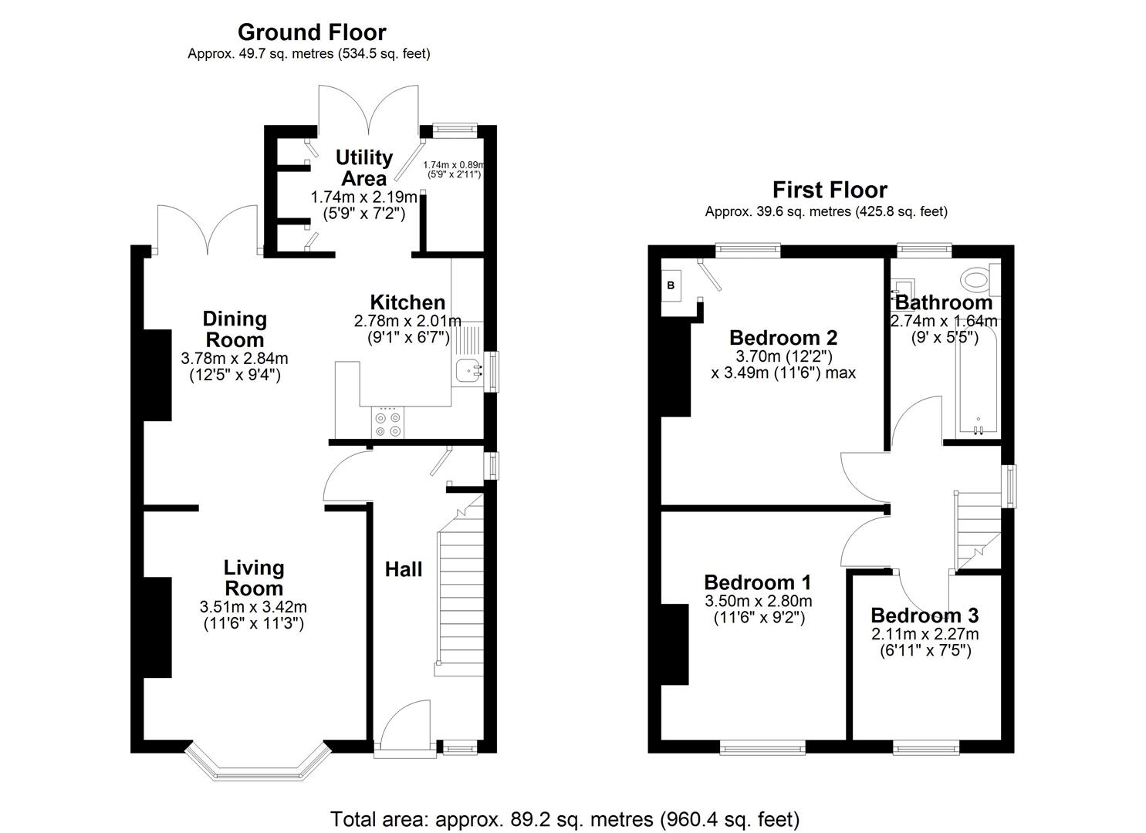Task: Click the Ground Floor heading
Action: tap(311, 32)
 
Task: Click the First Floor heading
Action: tap(830, 190)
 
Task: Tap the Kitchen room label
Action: tap(407, 302)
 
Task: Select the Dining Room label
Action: tap(235, 329)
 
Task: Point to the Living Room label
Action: tap(254, 578)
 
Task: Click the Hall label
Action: tap(404, 569)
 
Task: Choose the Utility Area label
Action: tap(364, 167)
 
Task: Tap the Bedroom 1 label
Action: tap(757, 582)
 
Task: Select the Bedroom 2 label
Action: tap(783, 337)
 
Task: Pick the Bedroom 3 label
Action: tap(925, 615)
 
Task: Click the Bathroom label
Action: tap(944, 302)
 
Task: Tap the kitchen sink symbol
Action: tap(468, 372)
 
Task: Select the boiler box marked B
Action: tap(671, 285)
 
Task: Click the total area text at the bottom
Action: tap(565, 819)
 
